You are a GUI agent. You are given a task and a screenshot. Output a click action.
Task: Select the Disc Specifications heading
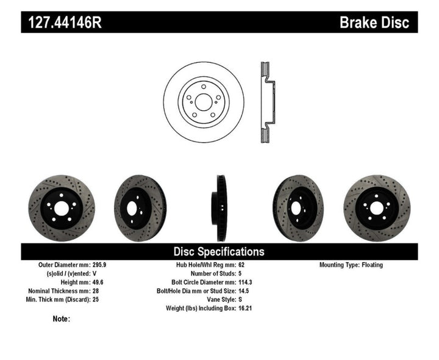tap(219, 251)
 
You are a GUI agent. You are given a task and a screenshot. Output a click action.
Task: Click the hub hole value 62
tap(241, 265)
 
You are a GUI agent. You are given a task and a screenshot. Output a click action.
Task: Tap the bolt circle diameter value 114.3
tap(246, 283)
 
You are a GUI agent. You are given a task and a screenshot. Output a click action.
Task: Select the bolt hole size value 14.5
tap(244, 291)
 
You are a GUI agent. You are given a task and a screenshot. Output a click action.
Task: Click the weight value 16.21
tap(246, 308)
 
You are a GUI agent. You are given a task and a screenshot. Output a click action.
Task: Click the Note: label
tap(62, 319)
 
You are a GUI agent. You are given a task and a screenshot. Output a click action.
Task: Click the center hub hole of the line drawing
tap(203, 102)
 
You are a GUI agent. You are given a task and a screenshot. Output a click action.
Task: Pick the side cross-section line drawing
tap(266, 102)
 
